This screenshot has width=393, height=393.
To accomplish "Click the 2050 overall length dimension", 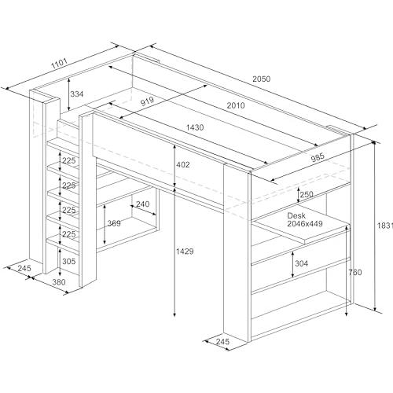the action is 261,79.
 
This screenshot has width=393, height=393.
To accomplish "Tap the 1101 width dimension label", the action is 59,64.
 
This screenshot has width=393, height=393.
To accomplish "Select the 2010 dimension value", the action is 236,105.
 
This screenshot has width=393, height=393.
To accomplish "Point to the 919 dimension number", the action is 147,101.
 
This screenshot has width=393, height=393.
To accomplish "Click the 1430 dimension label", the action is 195,127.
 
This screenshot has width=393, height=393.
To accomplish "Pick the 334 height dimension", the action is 77,94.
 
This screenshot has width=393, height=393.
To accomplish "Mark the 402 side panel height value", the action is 183,164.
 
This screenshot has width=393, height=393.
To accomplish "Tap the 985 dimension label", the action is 318,158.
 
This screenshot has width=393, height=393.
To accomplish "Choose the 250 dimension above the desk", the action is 307,194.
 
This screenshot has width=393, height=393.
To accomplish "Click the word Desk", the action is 296,215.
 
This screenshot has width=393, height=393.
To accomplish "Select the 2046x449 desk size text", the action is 305,223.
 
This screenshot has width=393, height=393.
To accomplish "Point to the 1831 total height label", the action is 385,226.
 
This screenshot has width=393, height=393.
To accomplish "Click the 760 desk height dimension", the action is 355,272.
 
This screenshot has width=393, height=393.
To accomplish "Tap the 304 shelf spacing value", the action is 302,263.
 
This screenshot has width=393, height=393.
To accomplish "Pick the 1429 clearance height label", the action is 185,252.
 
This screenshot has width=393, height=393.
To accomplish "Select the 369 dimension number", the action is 114,223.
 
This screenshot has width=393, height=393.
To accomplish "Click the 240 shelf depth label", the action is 143,204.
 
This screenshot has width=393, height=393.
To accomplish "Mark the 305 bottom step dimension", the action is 69,261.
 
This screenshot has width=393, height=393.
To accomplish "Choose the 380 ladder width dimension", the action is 59,282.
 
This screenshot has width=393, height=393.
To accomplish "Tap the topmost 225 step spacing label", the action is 69,160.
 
